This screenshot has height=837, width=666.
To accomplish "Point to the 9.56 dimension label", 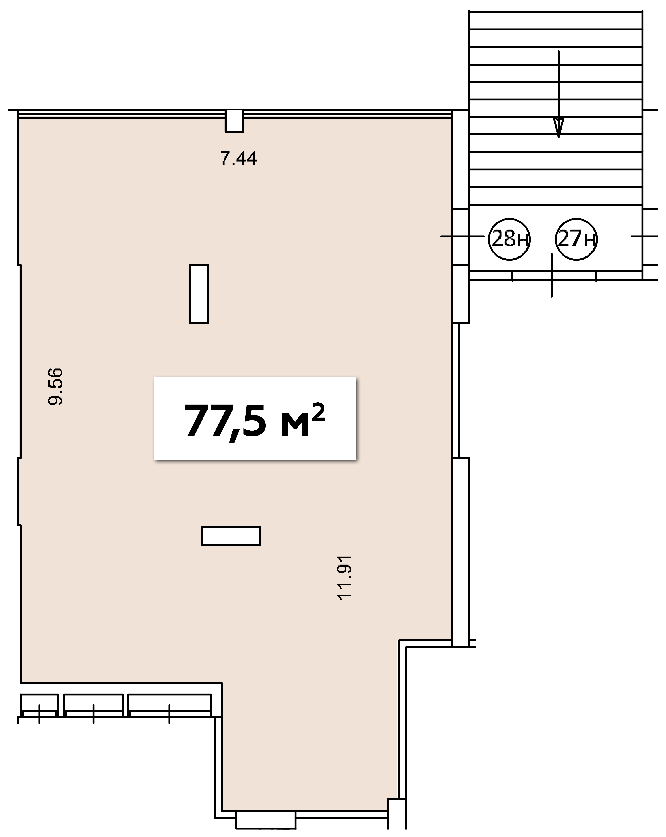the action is (x=55, y=387).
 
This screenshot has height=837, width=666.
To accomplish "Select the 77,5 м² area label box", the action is (x=255, y=418).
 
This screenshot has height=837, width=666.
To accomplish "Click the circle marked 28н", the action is (x=509, y=239).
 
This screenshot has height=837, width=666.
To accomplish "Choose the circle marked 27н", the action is (x=576, y=239).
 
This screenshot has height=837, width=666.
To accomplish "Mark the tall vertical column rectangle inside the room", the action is (x=199, y=294).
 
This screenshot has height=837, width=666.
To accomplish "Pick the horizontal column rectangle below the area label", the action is (x=231, y=536).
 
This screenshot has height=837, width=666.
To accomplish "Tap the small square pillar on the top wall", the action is (x=235, y=121).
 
